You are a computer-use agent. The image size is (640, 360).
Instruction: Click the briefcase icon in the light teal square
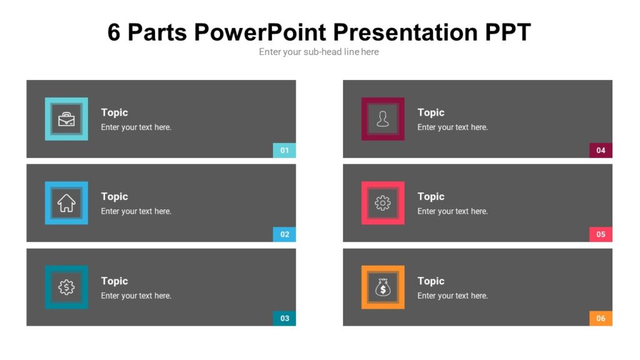click(x=66, y=119)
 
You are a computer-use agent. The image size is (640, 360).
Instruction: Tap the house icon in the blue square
click(x=66, y=203)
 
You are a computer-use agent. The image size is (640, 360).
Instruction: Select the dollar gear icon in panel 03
click(x=66, y=287)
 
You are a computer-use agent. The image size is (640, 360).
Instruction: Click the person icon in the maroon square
click(x=382, y=119)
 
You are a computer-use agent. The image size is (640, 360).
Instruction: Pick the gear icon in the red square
click(x=382, y=203)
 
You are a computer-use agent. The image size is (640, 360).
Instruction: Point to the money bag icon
click(x=382, y=287)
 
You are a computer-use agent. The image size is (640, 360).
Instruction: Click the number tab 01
click(x=284, y=150)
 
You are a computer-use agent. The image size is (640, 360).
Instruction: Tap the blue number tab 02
click(x=284, y=234)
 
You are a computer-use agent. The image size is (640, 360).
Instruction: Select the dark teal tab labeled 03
click(x=284, y=318)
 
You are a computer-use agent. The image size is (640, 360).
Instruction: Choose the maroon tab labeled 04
click(x=601, y=150)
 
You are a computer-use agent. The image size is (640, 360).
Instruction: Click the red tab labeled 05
click(x=601, y=234)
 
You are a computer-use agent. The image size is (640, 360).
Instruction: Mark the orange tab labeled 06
click(x=601, y=318)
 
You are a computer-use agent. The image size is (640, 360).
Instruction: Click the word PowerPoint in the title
click(x=259, y=32)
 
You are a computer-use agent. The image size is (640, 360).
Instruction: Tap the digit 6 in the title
click(x=114, y=32)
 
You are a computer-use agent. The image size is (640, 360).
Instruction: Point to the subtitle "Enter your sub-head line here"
click(x=319, y=52)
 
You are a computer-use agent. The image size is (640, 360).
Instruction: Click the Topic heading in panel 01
click(x=114, y=112)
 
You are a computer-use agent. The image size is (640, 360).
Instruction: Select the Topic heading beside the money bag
click(x=431, y=281)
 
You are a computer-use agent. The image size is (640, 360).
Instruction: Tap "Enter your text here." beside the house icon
click(x=136, y=211)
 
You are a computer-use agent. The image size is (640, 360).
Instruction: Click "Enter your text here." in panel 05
click(x=452, y=211)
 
